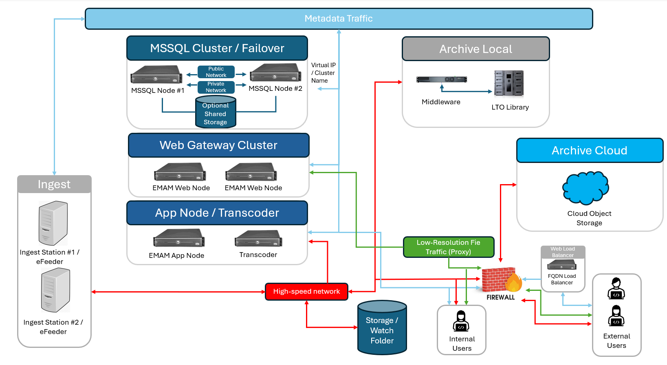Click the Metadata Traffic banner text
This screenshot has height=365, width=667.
pos(338,19)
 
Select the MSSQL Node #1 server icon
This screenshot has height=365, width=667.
pos(156,75)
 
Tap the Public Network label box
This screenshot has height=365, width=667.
pos(216,72)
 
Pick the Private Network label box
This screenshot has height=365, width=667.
pos(216,87)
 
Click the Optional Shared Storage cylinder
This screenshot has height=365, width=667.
pos(216,112)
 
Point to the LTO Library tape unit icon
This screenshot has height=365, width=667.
pos(509,83)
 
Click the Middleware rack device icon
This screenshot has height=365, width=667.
pos(441,79)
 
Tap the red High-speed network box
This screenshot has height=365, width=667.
pos(306,292)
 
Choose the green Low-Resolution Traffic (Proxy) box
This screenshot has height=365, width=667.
pos(448,247)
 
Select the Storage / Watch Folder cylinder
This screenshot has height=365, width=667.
pos(382,328)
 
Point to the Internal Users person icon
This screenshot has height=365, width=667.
pos(461,321)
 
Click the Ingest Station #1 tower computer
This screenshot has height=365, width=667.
pos(53,223)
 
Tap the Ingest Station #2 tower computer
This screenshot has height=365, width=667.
pos(55,290)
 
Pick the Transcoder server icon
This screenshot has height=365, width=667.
pos(258,239)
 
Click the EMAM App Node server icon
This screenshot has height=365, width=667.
pos(179,238)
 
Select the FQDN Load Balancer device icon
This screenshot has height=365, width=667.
pos(562,265)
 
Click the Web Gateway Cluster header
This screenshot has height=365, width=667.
pos(218,145)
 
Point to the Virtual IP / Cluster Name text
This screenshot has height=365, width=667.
pos(323,73)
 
